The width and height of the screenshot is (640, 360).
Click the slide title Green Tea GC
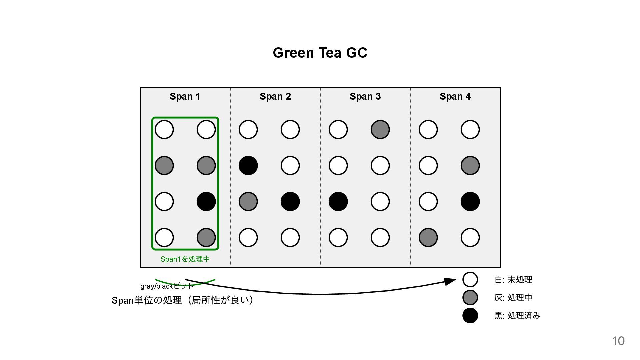pos(320,53)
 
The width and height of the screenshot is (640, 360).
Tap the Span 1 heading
pos(185,96)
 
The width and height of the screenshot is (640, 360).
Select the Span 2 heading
pos(275,96)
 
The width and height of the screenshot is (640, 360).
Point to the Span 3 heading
pos(365,96)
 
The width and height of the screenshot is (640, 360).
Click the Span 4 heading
pos(455,96)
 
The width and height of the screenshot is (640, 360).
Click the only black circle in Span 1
pos(206,201)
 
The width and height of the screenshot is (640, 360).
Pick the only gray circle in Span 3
pos(380,129)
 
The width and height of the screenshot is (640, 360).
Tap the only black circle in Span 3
pos(338,201)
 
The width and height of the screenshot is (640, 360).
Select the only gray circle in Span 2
pos(248,201)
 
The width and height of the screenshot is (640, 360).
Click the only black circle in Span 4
pos(470,201)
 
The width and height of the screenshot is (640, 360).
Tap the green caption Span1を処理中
pos(185,259)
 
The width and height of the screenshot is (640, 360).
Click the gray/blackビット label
pos(166,286)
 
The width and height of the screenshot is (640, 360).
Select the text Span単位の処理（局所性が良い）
pos(183,300)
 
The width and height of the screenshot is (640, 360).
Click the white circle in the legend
pos(470,279)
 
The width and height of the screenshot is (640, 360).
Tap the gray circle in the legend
pos(470,297)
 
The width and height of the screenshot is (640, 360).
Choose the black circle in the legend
pos(470,315)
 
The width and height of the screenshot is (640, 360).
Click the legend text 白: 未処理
pos(513,280)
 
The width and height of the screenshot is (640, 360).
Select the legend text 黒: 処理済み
pos(517,316)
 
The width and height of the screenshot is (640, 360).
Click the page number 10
pos(618,341)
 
